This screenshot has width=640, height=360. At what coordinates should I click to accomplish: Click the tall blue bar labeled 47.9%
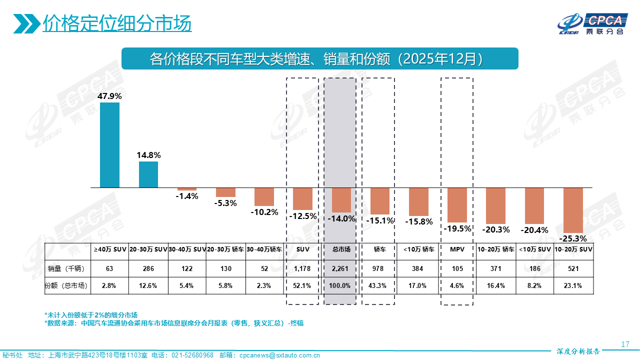[109, 145]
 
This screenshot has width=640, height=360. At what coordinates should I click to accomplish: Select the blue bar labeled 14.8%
[148, 174]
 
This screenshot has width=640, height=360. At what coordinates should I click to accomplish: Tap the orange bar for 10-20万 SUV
[573, 210]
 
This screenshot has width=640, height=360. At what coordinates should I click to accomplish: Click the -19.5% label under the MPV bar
[457, 228]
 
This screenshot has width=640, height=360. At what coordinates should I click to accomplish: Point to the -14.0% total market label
[341, 218]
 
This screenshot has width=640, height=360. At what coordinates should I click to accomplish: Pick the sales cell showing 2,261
[341, 268]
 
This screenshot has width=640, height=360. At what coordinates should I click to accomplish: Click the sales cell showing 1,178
[302, 268]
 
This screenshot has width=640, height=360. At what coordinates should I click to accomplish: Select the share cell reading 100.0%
[341, 286]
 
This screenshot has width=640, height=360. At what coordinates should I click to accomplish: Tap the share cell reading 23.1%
[573, 286]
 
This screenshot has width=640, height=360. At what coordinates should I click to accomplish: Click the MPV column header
[457, 248]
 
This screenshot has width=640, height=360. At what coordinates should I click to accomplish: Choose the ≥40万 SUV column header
[109, 248]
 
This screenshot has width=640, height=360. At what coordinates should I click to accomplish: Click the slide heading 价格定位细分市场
[117, 23]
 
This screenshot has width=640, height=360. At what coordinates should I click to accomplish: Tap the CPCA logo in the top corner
[592, 23]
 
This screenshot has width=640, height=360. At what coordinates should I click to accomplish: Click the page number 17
[624, 344]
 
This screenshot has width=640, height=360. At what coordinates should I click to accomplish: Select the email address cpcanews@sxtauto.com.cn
[279, 355]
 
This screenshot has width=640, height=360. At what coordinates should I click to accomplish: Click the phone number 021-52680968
[192, 355]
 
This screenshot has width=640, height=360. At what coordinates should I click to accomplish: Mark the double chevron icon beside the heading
[27, 23]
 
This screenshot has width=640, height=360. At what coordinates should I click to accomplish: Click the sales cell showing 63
[109, 268]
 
